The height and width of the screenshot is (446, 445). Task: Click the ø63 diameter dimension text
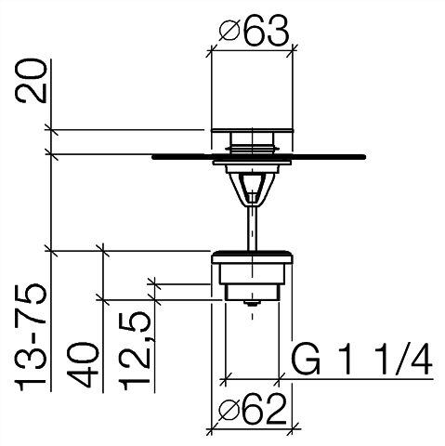[254, 31]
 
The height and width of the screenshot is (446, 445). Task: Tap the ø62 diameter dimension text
[252, 410]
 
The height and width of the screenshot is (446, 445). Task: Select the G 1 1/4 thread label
[361, 359]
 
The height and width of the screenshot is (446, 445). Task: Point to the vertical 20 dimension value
[32, 81]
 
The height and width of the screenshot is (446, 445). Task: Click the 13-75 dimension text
[32, 337]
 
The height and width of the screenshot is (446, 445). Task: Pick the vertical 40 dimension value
[84, 365]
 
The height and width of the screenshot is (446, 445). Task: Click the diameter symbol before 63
[229, 31]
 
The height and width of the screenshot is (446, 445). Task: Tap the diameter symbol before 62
[229, 410]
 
